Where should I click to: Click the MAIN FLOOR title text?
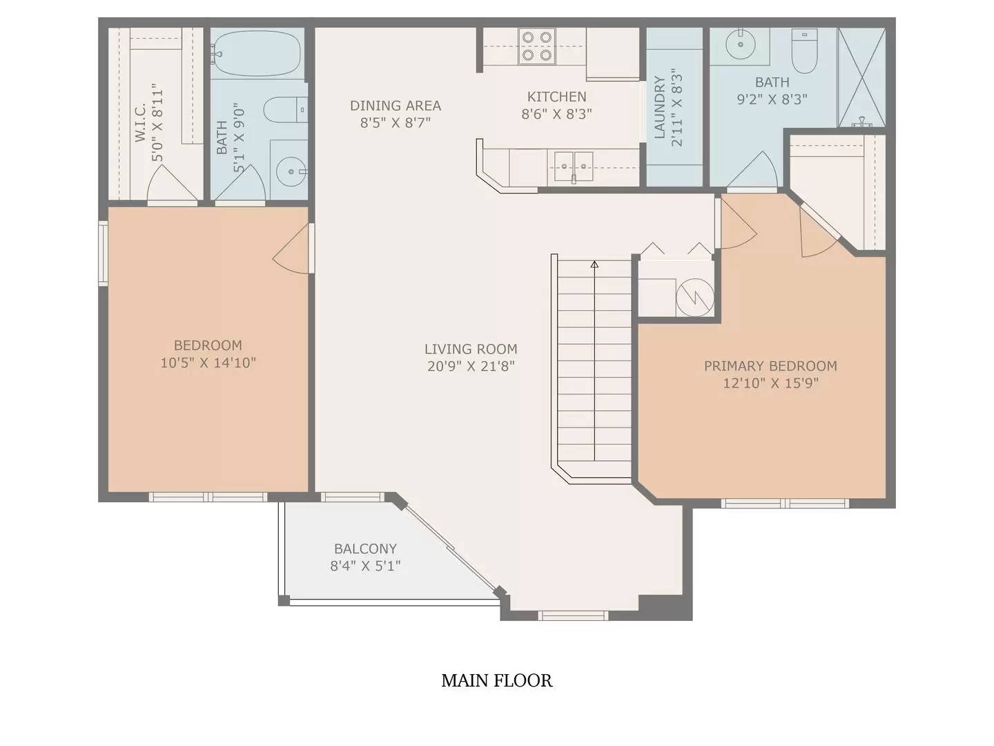(x=497, y=681)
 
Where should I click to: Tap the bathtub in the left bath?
(x=257, y=53)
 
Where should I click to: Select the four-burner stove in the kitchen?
(x=537, y=46)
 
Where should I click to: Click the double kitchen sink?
(x=574, y=166)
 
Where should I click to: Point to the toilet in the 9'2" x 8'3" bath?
(x=804, y=50)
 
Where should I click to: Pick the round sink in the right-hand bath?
(x=741, y=44)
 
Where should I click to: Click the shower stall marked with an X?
(x=861, y=77)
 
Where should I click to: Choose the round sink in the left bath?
(x=291, y=171)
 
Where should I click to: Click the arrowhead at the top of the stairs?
(x=594, y=265)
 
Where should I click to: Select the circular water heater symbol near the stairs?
(x=694, y=298)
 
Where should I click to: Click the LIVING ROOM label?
(x=471, y=350)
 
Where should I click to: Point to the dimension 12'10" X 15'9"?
(x=771, y=383)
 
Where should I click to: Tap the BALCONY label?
(x=365, y=549)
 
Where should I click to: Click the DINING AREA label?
(x=396, y=106)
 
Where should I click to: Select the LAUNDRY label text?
(x=660, y=107)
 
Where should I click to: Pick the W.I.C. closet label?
(x=140, y=122)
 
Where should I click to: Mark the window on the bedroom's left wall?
(x=104, y=253)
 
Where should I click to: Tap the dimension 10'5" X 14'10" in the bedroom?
(x=208, y=363)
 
